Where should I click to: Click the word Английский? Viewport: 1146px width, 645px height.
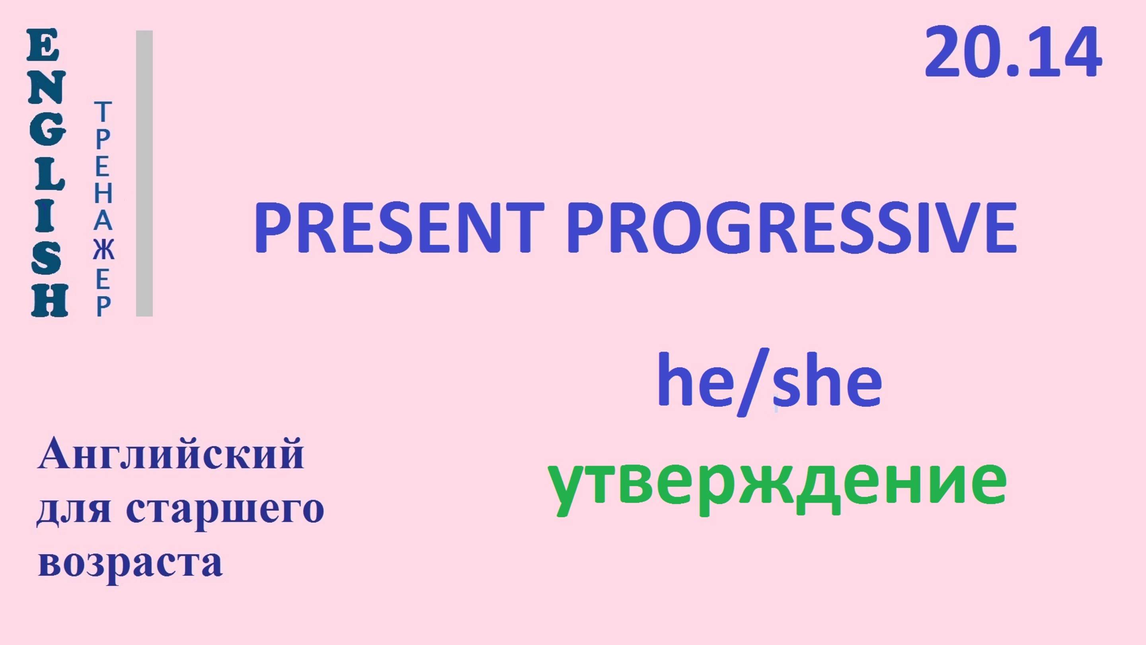pyautogui.click(x=171, y=454)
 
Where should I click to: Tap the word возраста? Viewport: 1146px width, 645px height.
pyautogui.click(x=131, y=563)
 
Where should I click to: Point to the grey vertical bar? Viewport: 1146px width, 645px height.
pyautogui.click(x=144, y=173)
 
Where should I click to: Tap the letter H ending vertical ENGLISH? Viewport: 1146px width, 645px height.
pyautogui.click(x=49, y=301)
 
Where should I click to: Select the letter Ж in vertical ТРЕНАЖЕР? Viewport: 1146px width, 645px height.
pyautogui.click(x=103, y=250)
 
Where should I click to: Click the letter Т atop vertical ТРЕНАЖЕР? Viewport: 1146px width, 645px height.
pyautogui.click(x=103, y=112)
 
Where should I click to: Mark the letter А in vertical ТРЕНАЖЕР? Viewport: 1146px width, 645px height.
pyautogui.click(x=103, y=221)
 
